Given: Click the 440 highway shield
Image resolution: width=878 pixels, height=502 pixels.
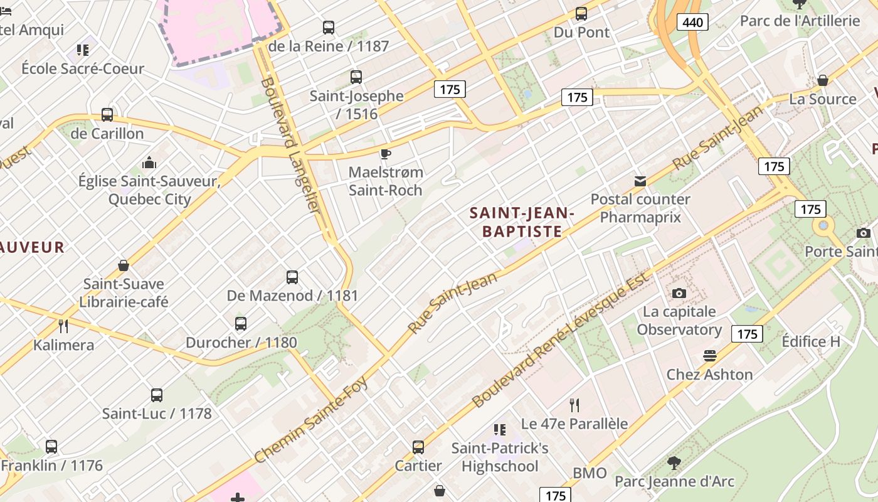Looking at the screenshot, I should (x=692, y=23).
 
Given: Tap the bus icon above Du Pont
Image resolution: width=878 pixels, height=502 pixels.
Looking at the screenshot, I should (x=581, y=13).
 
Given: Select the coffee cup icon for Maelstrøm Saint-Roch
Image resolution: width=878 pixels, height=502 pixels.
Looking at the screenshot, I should (x=386, y=154).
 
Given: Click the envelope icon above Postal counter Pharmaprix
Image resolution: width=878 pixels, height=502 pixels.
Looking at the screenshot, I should (x=640, y=181).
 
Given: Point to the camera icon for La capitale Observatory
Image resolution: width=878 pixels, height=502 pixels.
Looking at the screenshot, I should (x=679, y=293).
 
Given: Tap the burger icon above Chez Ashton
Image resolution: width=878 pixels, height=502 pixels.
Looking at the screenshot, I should (x=709, y=356).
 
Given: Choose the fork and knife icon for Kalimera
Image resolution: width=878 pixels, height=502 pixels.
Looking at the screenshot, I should (x=63, y=326).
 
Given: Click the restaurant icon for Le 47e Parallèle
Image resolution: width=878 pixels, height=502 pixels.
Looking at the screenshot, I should (x=574, y=405).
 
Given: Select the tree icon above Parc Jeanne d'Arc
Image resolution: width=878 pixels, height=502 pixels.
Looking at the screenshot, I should (x=674, y=463).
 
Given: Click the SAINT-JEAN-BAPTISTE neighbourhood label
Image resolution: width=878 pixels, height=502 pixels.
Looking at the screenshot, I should (x=522, y=222).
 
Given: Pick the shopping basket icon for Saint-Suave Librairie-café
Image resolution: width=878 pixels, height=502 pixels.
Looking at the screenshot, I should (x=124, y=265).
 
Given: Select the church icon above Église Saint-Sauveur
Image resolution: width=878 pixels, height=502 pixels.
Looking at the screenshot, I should (x=149, y=163).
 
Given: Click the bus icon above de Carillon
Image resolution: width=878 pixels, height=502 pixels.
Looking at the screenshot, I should (x=107, y=115).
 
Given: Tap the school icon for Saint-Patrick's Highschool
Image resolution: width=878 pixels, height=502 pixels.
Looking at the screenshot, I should (x=499, y=430).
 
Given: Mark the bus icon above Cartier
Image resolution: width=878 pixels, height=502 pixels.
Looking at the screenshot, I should (x=418, y=447).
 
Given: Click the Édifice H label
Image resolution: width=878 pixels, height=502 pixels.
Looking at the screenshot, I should (x=810, y=341).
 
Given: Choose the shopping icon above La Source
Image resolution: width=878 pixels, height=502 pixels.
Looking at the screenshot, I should (x=822, y=80).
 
